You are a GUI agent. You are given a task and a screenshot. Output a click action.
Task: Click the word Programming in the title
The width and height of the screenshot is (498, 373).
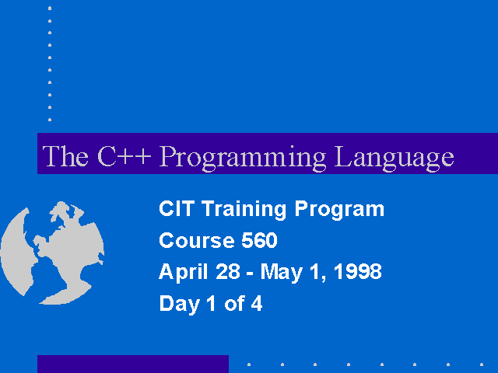(242, 158)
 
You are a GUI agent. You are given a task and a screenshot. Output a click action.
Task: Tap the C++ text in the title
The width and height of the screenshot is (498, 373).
(124, 155)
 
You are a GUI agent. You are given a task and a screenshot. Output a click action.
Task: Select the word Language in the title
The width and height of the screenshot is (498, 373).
(395, 158)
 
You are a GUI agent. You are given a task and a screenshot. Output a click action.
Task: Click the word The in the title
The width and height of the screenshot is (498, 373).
(65, 155)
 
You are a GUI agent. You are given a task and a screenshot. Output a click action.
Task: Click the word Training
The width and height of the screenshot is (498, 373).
(244, 210)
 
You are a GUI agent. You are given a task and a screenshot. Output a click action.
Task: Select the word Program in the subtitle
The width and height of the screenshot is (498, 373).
(339, 210)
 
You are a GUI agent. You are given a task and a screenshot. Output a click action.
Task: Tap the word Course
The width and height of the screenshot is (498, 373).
(197, 240)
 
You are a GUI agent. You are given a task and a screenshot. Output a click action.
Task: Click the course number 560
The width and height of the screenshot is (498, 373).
(259, 240)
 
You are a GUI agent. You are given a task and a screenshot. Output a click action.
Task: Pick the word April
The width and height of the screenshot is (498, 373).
(184, 273)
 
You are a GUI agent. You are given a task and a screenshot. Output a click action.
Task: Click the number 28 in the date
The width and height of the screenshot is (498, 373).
(228, 271)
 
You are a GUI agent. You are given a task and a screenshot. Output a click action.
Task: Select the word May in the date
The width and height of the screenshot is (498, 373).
(281, 273)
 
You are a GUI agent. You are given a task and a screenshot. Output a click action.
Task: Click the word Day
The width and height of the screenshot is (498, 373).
(180, 304)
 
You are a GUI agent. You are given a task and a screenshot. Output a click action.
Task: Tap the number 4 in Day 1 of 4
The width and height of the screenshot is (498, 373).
(257, 303)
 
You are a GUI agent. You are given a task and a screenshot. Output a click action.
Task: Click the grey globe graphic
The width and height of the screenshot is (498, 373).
(52, 253)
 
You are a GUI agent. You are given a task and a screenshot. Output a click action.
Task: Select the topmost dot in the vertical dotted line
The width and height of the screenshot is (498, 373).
(50, 9)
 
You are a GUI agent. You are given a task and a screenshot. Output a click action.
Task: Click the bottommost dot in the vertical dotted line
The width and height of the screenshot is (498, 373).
(50, 120)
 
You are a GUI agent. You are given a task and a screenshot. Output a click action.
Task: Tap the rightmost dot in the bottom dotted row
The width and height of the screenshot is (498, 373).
(482, 364)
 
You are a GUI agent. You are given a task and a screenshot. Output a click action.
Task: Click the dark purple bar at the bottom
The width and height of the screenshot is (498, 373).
(133, 364)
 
